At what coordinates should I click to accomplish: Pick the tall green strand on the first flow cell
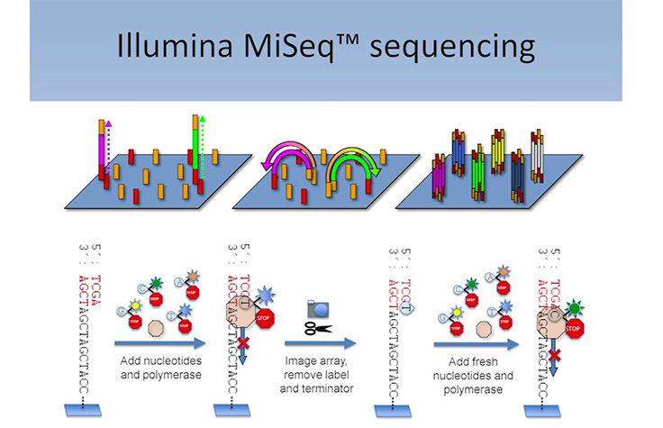tap(193, 144)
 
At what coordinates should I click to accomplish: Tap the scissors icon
tap(316, 327)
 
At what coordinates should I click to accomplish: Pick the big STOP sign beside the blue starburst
tap(268, 317)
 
